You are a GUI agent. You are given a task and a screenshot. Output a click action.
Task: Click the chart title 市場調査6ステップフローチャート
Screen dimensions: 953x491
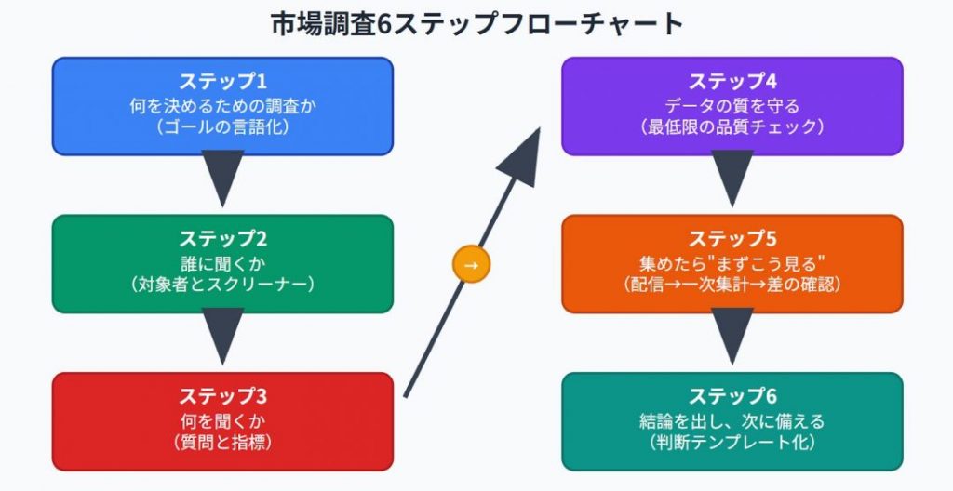477,24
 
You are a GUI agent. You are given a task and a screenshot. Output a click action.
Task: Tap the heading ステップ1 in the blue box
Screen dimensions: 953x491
222,82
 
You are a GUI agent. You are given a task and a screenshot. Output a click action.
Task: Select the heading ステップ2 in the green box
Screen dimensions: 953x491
222,239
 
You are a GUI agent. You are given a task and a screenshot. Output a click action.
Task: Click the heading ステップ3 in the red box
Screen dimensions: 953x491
222,396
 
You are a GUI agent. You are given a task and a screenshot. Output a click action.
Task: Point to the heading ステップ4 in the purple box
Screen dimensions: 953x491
732,82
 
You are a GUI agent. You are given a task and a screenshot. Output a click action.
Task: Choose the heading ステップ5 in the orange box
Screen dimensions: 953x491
732,239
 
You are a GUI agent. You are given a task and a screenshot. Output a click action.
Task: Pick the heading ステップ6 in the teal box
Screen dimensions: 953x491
732,396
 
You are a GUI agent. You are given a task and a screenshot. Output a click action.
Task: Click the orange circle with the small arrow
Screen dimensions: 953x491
471,264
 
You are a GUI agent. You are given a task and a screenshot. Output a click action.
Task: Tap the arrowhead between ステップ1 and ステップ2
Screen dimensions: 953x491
222,178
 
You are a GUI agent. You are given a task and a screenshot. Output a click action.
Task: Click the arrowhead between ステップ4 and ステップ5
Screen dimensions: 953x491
732,178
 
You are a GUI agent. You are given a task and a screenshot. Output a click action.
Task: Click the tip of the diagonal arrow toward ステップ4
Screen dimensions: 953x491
540,128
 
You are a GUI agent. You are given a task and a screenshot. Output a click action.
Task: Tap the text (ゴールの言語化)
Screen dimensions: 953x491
222,127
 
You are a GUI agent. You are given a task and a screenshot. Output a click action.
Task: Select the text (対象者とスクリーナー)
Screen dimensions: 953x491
222,285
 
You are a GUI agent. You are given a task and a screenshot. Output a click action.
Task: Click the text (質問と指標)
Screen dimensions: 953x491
222,442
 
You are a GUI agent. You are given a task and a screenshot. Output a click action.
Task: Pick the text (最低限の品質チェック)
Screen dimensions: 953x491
732,127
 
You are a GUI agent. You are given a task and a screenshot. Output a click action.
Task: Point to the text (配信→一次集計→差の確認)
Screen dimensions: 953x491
732,285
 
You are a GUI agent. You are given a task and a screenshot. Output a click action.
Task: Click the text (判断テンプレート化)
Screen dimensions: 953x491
732,442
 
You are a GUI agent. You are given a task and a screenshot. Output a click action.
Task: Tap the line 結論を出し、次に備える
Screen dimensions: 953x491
732,420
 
